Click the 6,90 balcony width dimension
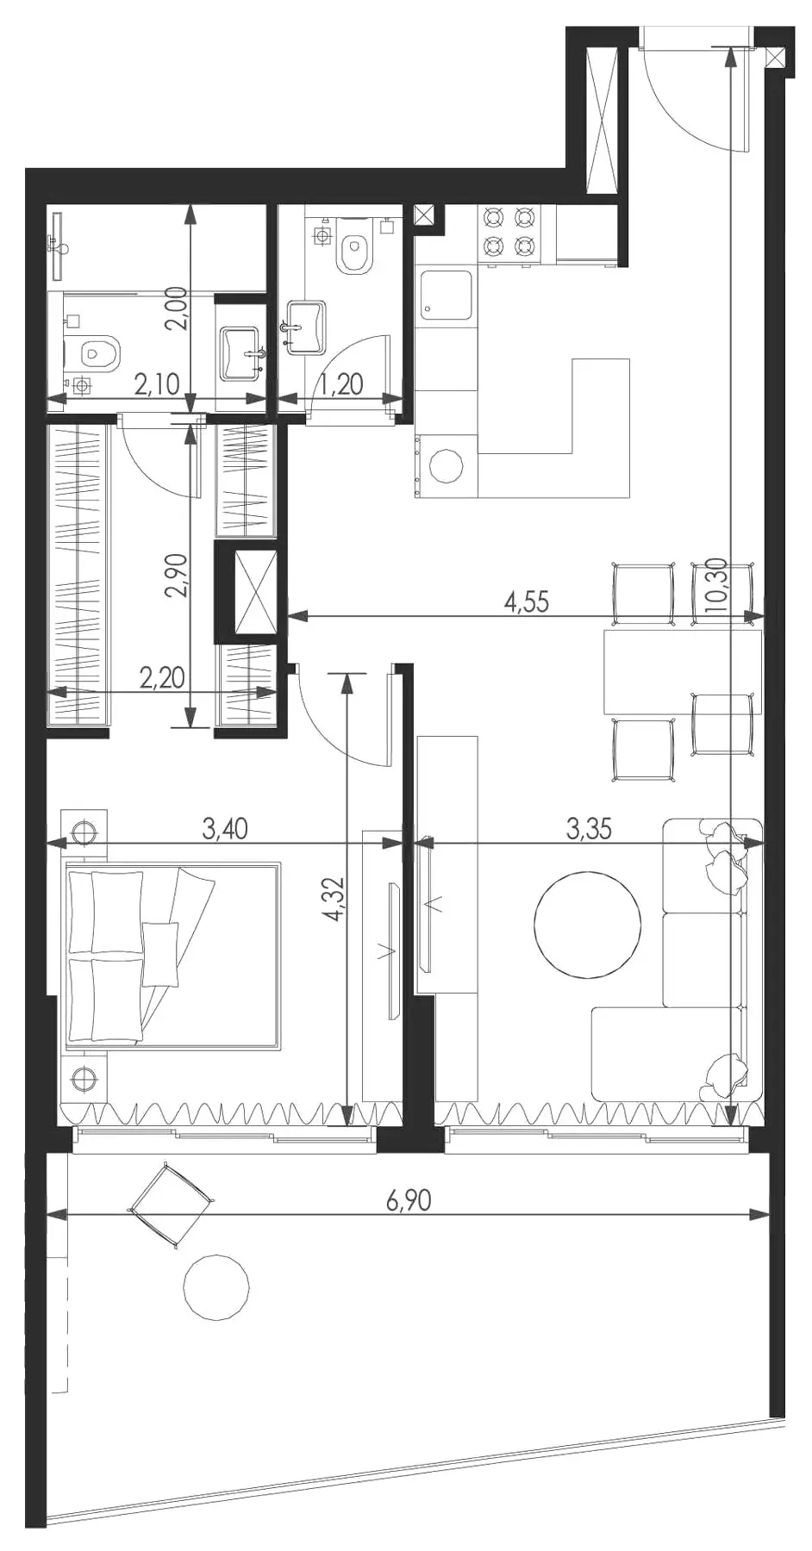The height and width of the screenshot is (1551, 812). (409, 1199)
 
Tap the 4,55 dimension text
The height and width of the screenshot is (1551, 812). (526, 601)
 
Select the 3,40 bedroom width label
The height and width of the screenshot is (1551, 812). (225, 829)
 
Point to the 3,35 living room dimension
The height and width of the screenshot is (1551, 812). (589, 829)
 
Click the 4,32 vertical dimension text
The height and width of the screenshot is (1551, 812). (334, 899)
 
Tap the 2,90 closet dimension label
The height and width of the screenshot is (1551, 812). (175, 576)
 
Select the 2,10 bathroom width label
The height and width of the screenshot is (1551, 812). (157, 383)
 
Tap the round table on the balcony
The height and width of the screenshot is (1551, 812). (216, 1287)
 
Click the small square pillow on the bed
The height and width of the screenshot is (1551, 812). (159, 954)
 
